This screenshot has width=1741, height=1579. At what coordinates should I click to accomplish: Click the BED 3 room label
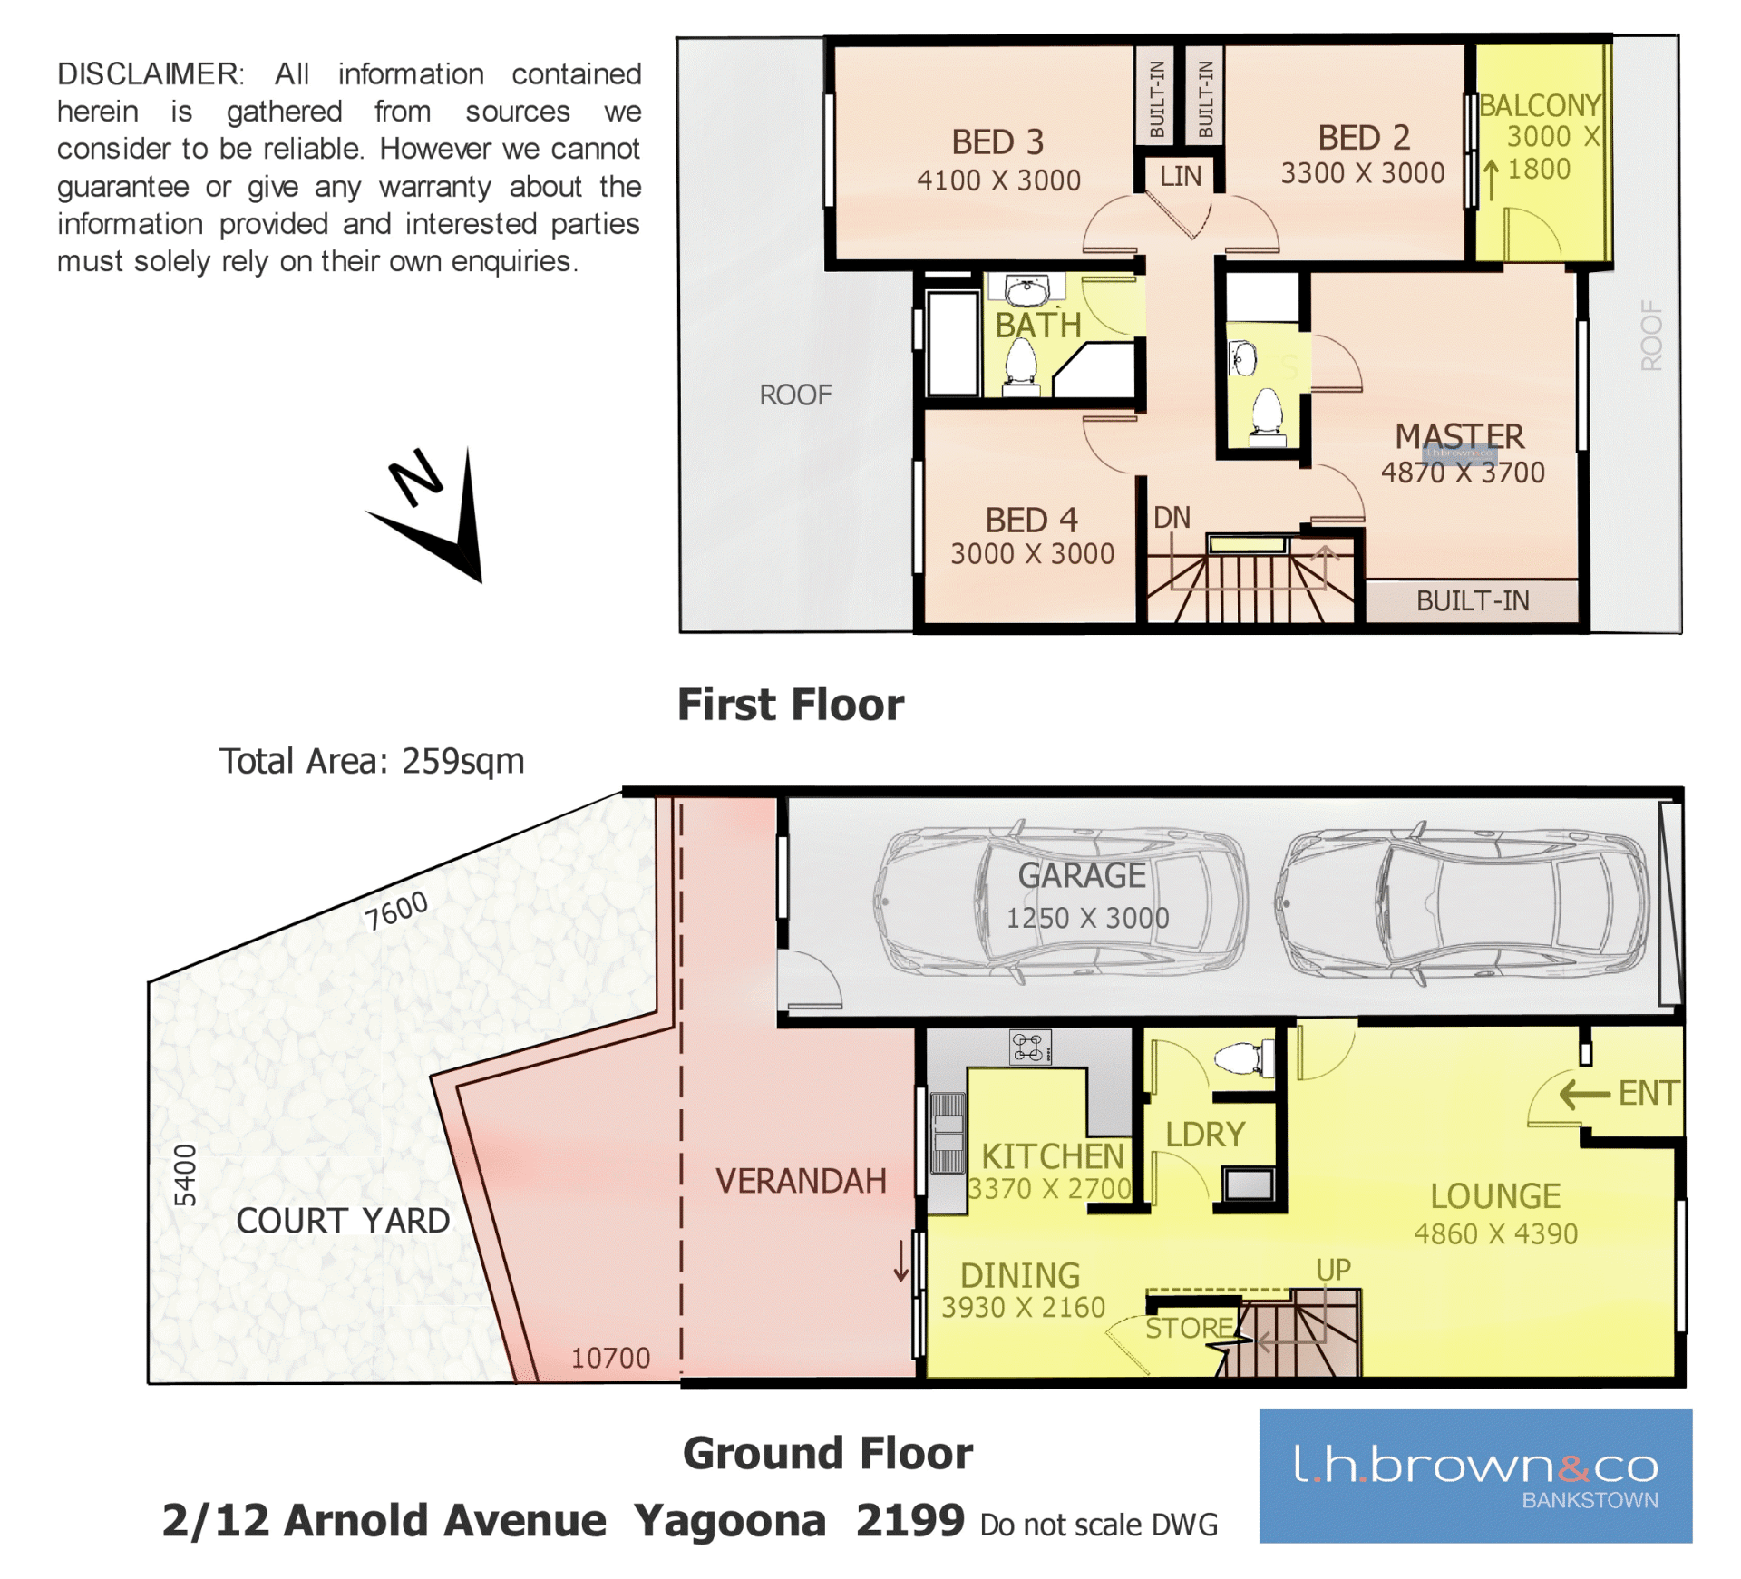point(997,142)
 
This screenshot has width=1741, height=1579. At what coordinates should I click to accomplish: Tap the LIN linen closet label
point(1181,176)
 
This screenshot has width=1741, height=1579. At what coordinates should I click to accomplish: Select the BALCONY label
point(1540,105)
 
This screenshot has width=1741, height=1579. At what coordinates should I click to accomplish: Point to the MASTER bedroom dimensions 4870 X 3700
point(1463,473)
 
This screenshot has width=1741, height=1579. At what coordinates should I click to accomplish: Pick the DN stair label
point(1172,518)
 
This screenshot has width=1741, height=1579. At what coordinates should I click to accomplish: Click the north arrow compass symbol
point(435,512)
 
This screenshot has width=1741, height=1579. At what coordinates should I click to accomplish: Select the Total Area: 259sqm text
point(372,762)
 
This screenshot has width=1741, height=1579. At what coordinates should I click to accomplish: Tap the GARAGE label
point(1082,875)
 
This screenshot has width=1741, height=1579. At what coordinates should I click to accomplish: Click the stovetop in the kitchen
point(1030,1047)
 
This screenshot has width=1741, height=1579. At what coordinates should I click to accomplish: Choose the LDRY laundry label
point(1205,1135)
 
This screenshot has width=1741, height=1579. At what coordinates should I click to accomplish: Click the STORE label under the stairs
point(1189,1329)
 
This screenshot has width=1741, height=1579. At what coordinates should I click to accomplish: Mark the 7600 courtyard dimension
point(396,910)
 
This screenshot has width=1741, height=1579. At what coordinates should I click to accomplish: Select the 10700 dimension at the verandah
point(610,1358)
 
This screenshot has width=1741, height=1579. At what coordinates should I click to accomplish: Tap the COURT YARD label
point(343,1221)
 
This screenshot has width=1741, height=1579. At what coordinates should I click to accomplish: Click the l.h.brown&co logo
point(1475,1476)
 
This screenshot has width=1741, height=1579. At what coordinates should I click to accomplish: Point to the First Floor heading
point(791,705)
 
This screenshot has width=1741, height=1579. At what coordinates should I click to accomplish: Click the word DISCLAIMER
point(151,73)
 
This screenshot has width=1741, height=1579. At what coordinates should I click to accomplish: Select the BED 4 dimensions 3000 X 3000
point(1032,554)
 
